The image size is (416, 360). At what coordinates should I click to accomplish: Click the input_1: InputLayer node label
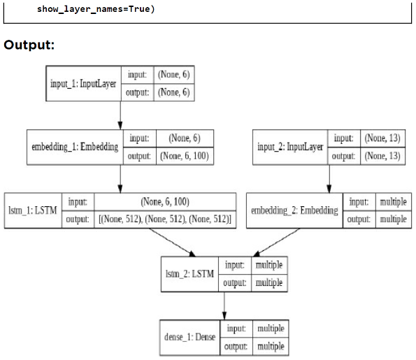[x=83, y=84]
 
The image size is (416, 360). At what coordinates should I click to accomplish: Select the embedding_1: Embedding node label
[x=74, y=147]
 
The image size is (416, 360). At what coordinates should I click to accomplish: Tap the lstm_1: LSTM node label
[x=33, y=210]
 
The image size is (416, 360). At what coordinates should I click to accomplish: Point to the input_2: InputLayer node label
[x=290, y=147]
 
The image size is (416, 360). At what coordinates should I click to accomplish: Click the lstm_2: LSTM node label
[x=190, y=274]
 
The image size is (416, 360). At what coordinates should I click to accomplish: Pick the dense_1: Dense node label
[x=190, y=337]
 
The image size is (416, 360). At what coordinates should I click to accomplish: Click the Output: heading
[x=29, y=45]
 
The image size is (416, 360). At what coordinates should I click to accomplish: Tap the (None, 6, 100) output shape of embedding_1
[x=184, y=155]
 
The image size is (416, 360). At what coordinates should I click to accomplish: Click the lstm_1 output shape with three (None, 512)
[x=166, y=218]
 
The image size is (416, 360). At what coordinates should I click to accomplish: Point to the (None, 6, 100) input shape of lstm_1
[x=166, y=202]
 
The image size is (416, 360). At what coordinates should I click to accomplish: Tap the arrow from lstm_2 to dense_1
[x=224, y=305]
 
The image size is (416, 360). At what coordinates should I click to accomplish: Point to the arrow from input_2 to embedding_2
[x=329, y=178]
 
